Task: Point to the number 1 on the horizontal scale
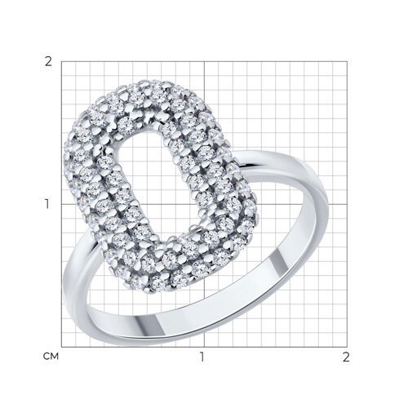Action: [203, 357]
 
